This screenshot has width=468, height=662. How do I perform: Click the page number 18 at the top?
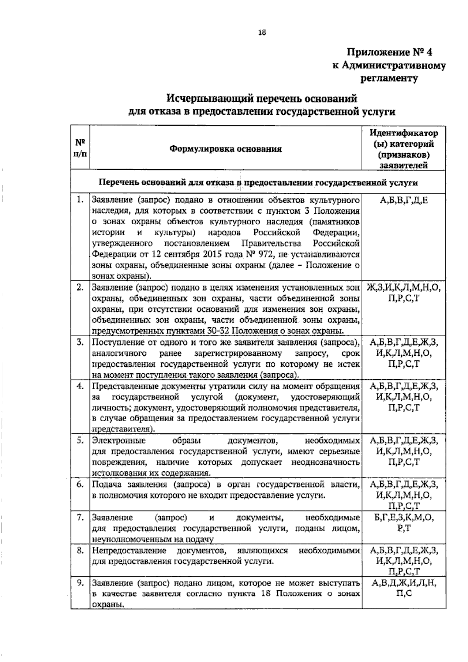[261, 33]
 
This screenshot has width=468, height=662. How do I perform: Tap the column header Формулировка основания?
[225, 149]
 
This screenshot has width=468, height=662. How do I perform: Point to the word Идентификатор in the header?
[404, 133]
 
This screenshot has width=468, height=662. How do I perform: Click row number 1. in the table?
[80, 200]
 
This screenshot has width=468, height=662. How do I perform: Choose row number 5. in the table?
[80, 440]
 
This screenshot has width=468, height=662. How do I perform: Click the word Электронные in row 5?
[119, 441]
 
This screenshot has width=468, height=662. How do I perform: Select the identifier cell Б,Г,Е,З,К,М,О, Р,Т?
[404, 523]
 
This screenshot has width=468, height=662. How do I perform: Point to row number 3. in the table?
[80, 343]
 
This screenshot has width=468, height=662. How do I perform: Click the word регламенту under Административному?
[388, 78]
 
